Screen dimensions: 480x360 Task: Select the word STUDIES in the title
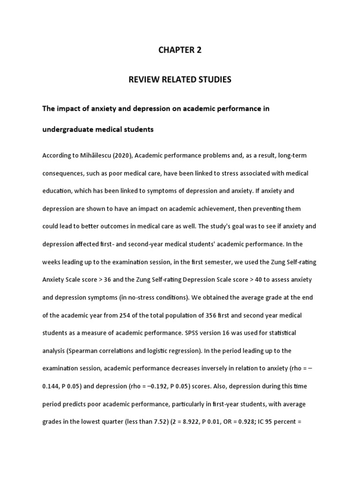pyautogui.click(x=213, y=80)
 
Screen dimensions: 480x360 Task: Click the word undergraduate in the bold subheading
pyautogui.click(x=67, y=129)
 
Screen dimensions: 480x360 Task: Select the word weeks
pyautogui.click(x=52, y=262)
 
